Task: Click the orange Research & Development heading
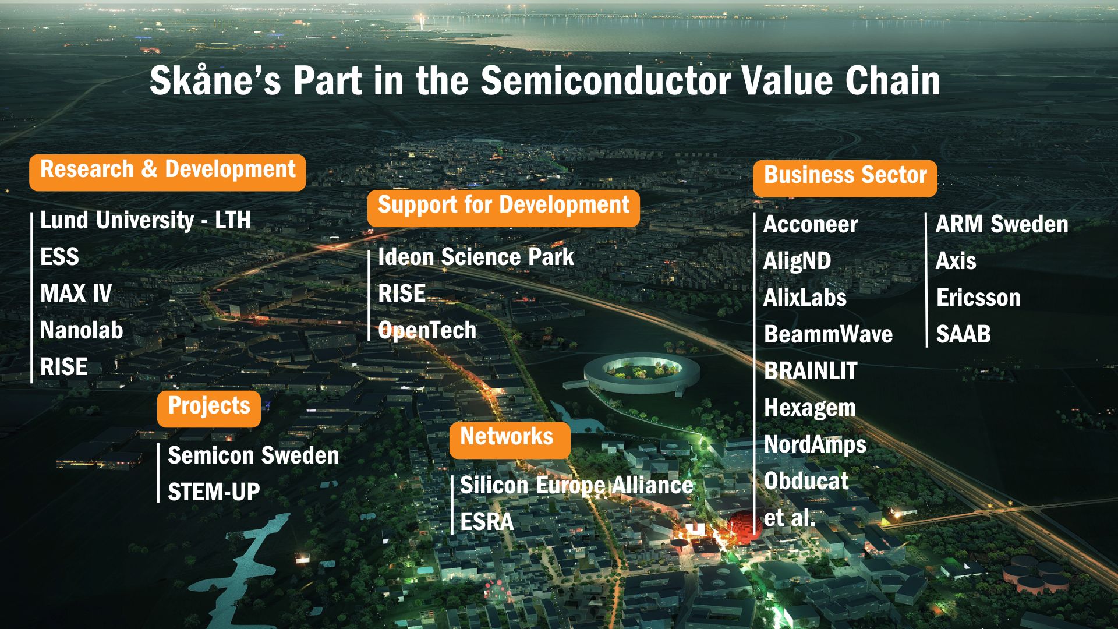point(168,172)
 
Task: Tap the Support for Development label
point(504,208)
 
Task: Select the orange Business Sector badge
point(845,178)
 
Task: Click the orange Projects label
point(209,408)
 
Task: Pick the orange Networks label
point(510,440)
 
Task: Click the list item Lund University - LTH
point(146,220)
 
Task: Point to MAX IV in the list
point(76,294)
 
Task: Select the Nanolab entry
point(82,330)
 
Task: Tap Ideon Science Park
point(476,257)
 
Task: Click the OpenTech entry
point(427,330)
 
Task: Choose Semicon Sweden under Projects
point(253,455)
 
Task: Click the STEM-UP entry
point(214,492)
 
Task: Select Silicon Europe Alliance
point(576,485)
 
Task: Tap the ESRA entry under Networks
point(487,522)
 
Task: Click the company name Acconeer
point(811,224)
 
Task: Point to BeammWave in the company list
point(828,334)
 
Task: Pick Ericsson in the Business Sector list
point(978,298)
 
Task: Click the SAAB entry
point(963,334)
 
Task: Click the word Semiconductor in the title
point(606,80)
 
